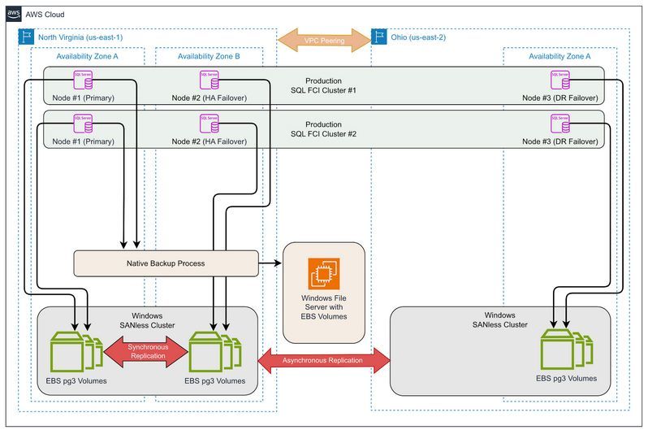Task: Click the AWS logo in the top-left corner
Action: point(15,15)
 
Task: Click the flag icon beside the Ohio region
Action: point(378,37)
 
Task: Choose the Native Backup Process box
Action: point(166,263)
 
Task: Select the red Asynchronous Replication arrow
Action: point(323,359)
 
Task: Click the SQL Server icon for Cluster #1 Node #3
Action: point(560,79)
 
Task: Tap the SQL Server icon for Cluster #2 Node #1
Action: point(82,124)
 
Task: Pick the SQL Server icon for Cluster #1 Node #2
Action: point(208,79)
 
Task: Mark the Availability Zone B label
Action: point(209,56)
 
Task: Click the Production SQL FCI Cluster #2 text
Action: point(323,129)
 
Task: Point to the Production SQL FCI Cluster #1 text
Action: point(323,86)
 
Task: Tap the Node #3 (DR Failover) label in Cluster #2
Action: point(560,141)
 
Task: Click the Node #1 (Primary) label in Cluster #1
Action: point(81,98)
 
